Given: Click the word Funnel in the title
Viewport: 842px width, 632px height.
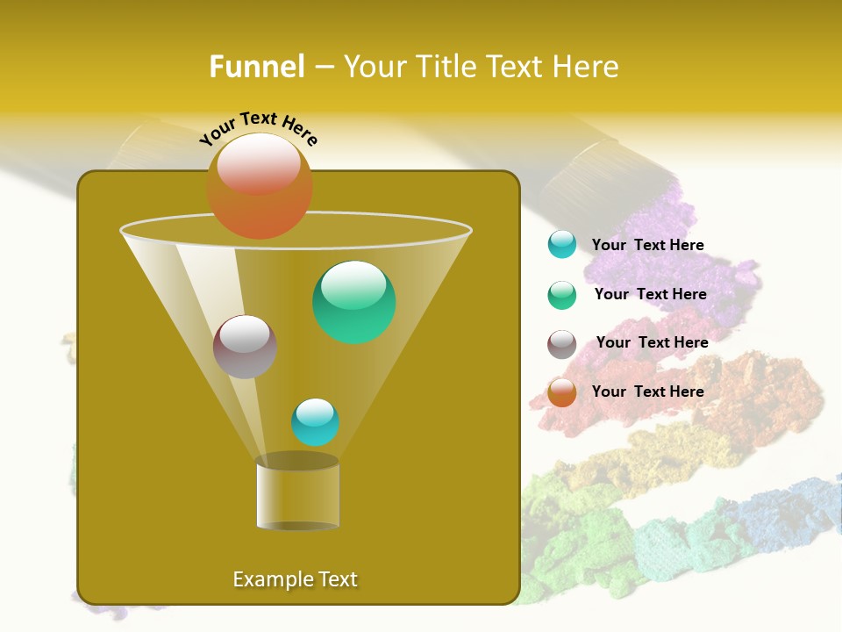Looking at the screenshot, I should [256, 67].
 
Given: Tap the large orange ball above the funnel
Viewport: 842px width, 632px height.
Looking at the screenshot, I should [259, 186].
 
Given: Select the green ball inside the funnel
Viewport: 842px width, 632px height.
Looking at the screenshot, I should [353, 302].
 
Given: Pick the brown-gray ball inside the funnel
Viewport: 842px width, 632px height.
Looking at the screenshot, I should [245, 347].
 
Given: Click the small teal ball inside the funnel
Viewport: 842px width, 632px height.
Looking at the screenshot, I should [315, 422].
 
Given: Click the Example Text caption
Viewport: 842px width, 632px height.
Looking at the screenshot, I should [295, 579].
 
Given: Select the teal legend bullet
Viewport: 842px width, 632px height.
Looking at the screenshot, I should [562, 244].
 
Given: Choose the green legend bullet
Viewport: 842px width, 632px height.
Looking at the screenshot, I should [562, 295].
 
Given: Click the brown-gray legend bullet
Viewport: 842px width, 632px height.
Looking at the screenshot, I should [562, 344].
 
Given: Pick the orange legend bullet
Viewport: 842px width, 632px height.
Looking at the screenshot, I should [562, 392].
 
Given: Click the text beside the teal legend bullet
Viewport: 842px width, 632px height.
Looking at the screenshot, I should [647, 246].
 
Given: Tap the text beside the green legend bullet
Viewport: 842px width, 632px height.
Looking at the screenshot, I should [650, 295].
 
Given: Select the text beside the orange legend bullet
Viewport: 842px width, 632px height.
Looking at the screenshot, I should [647, 391].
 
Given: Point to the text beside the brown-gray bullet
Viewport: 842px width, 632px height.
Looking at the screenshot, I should [652, 342].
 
